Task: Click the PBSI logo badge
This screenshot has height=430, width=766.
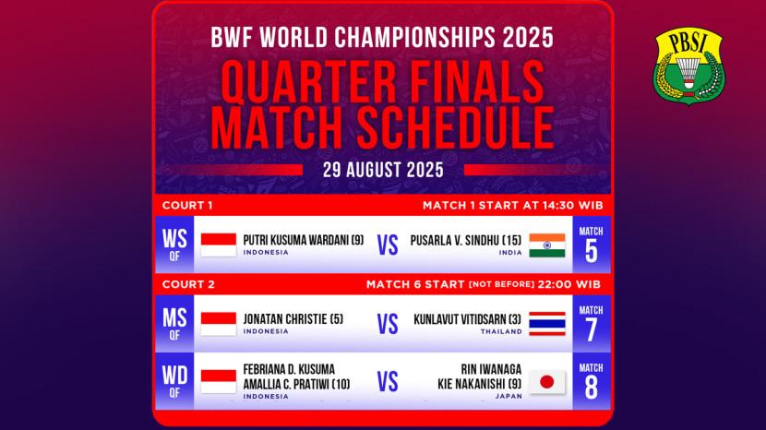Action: tap(688, 66)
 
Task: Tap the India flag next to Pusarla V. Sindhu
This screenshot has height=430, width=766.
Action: tap(547, 245)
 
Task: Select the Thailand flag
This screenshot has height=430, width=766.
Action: tap(547, 324)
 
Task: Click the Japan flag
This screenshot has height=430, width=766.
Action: tap(547, 382)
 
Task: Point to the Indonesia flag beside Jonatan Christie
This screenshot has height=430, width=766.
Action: tap(219, 324)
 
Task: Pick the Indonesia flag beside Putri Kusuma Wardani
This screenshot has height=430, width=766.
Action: tap(219, 245)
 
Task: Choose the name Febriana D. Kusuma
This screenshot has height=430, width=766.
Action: tap(289, 369)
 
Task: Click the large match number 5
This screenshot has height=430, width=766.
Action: tap(591, 251)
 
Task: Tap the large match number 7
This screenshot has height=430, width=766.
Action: tap(591, 329)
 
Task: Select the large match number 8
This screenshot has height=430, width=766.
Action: tap(591, 388)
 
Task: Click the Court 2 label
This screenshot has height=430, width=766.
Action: tap(188, 284)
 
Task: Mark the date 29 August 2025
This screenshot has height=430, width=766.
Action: tap(383, 170)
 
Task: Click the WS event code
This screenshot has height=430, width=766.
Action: tap(174, 239)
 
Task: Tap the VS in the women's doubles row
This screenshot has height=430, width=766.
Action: tap(388, 382)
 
